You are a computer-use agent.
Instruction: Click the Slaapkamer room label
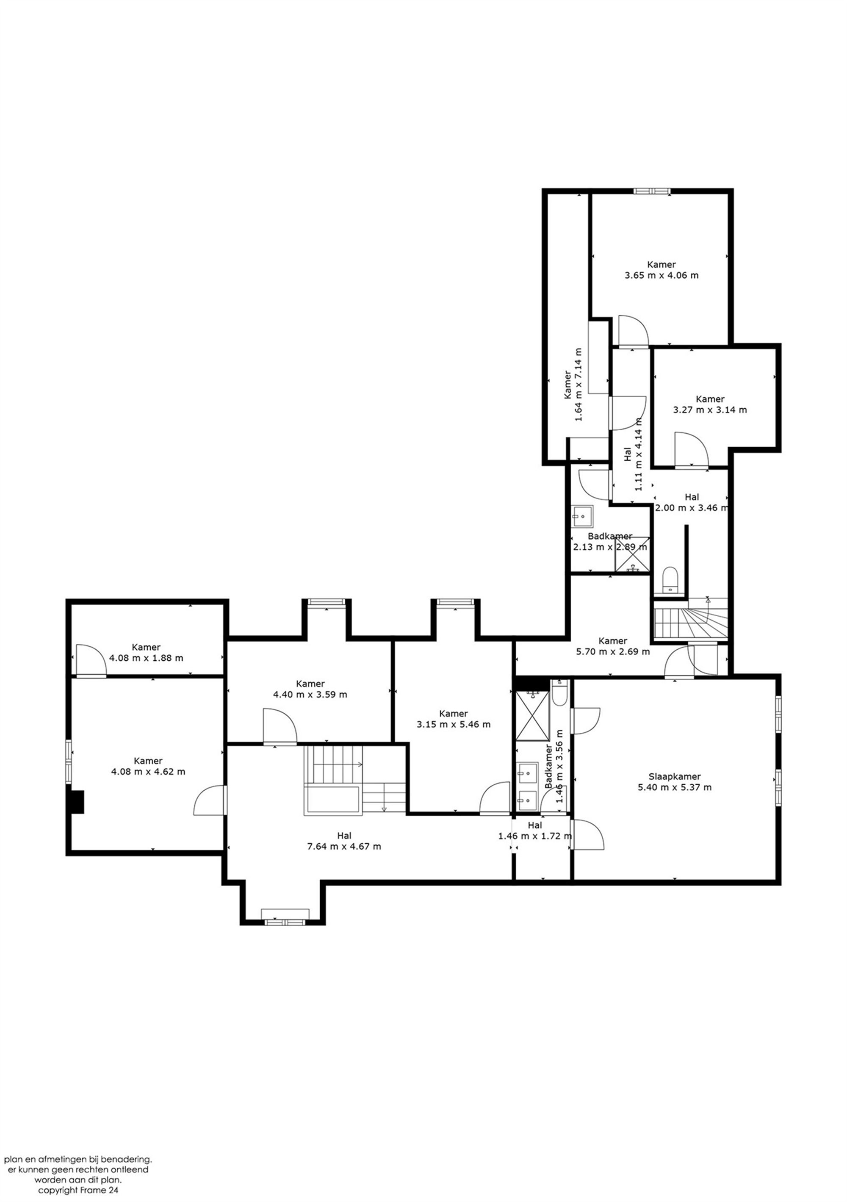674,776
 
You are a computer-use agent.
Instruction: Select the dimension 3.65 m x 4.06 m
661,275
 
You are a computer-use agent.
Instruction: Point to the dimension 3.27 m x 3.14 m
710,410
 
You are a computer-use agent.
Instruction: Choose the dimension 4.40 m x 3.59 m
310,694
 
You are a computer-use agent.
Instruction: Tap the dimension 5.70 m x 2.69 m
612,651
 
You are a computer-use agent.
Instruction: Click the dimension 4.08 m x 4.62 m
148,771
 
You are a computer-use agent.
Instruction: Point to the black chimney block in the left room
78,801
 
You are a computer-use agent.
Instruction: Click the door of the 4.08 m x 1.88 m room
91,661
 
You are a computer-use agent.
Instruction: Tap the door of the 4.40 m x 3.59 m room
280,726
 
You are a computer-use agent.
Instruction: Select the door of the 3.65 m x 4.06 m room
633,331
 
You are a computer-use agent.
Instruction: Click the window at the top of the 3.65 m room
652,191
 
